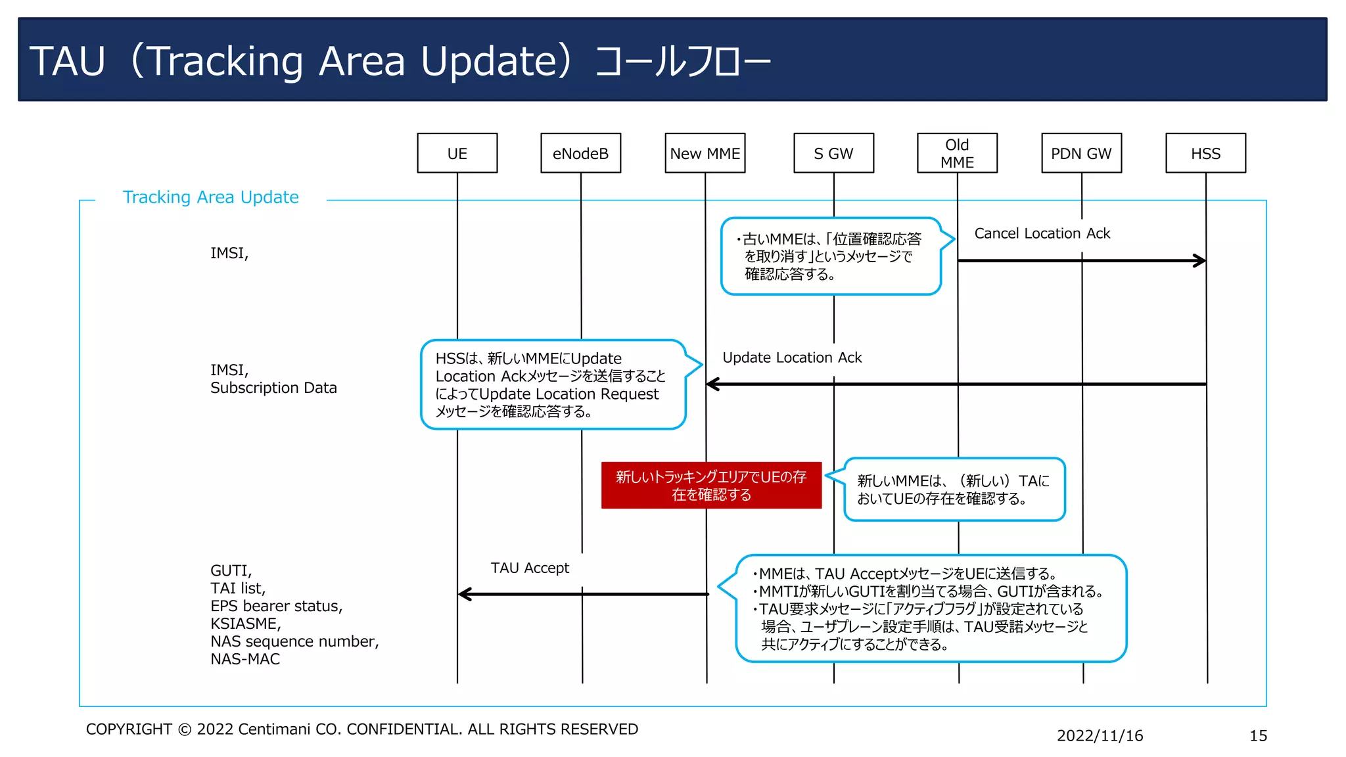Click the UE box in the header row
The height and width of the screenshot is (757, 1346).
click(x=457, y=153)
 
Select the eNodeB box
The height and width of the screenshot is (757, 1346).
click(x=580, y=153)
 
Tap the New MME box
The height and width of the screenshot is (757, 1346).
click(x=705, y=153)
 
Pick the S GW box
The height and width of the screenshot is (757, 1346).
click(x=833, y=153)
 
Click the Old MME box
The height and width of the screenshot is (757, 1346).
click(x=957, y=153)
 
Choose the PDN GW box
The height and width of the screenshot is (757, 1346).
click(x=1081, y=153)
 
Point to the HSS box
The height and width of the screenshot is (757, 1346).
click(x=1205, y=153)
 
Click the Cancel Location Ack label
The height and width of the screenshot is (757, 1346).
click(x=1042, y=233)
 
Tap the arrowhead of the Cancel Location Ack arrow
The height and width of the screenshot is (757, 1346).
click(x=1201, y=261)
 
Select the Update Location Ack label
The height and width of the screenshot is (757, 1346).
click(x=792, y=357)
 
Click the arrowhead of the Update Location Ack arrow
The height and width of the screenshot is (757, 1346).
click(x=711, y=384)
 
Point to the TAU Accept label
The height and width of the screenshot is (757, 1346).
click(x=530, y=568)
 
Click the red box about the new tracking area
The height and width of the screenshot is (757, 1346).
click(x=711, y=485)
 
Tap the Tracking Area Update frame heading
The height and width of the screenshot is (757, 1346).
click(x=210, y=197)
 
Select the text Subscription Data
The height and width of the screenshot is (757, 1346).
click(x=273, y=388)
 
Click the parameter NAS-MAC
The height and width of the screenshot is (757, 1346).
click(x=245, y=659)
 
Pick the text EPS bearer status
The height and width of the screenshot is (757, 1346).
click(x=276, y=606)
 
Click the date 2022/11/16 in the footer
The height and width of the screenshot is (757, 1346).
click(x=1100, y=735)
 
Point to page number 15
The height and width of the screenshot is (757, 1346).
click(x=1258, y=735)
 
